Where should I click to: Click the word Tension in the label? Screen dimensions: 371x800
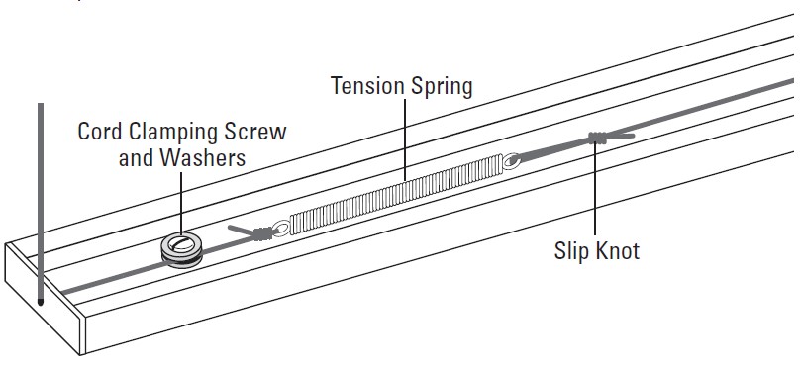[367, 86]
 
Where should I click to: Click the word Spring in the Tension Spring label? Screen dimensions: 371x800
[441, 87]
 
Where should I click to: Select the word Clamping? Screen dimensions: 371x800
[180, 133]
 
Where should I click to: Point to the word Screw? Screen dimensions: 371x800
[259, 132]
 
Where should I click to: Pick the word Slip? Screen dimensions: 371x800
[572, 251]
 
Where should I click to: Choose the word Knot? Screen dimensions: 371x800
[617, 251]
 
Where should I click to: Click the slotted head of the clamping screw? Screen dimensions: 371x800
[183, 243]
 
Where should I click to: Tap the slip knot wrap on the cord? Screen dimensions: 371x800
[597, 139]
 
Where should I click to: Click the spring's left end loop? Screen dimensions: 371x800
[281, 229]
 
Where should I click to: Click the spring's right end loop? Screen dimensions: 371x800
[510, 158]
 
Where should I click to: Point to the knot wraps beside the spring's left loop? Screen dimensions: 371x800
[261, 234]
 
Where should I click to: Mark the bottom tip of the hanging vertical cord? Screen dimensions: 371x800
[40, 300]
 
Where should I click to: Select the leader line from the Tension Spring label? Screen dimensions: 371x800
[405, 139]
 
